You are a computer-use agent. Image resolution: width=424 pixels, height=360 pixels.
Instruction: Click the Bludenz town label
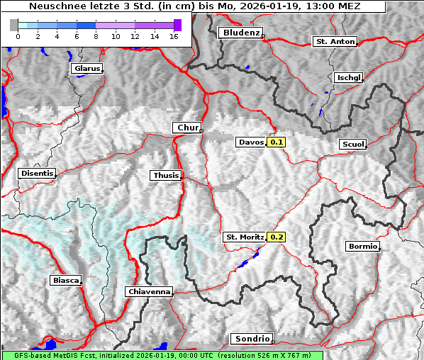[240, 33]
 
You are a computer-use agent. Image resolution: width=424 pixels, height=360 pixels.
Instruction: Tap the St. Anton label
[335, 42]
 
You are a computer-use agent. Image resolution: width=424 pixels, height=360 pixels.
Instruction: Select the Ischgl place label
[348, 77]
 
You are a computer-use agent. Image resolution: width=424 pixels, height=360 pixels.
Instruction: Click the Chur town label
[187, 128]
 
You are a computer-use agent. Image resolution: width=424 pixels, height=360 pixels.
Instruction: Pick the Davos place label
[251, 142]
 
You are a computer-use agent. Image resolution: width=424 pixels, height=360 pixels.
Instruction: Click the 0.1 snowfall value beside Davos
[277, 142]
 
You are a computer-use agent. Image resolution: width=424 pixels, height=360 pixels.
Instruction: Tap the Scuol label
[352, 145]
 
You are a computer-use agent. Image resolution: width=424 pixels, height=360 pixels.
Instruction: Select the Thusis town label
[166, 175]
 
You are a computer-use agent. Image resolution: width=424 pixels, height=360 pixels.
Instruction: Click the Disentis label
[37, 174]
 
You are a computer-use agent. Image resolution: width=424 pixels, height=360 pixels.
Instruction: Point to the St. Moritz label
[245, 237]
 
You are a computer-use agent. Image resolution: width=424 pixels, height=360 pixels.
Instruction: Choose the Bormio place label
[362, 247]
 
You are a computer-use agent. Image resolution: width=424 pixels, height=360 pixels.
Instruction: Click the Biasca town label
[65, 281]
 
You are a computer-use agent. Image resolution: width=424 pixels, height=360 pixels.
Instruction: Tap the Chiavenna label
[149, 291]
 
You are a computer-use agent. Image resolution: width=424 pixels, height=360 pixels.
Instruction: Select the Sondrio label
[252, 339]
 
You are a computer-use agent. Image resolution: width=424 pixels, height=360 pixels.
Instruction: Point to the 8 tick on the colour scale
[96, 36]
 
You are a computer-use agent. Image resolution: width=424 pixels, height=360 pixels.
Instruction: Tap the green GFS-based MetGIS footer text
[162, 355]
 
